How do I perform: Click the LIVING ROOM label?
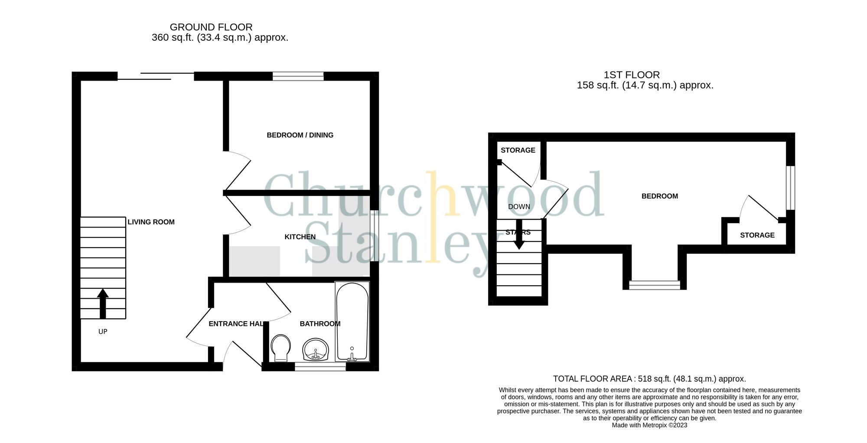[151, 222]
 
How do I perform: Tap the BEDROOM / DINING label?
[300, 135]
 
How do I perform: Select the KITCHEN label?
[300, 237]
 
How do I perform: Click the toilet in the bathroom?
[280, 348]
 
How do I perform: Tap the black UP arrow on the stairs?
[103, 303]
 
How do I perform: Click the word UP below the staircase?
[103, 332]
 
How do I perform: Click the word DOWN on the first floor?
[519, 207]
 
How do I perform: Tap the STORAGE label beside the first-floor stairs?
[518, 150]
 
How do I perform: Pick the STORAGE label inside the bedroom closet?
[757, 235]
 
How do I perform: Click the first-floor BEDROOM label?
[659, 196]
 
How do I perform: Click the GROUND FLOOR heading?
[211, 27]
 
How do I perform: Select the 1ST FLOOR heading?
[632, 75]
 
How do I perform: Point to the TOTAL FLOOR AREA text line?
[649, 379]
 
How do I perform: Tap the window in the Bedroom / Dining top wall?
[298, 77]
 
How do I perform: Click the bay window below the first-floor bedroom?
[655, 285]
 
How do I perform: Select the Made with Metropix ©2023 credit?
[649, 425]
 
